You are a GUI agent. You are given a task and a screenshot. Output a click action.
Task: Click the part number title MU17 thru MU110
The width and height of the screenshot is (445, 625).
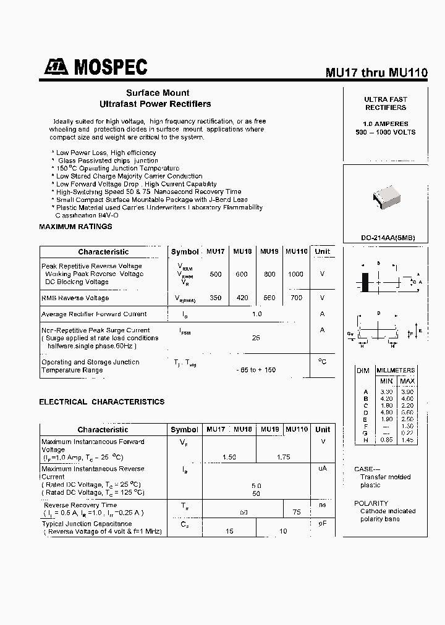click(x=376, y=72)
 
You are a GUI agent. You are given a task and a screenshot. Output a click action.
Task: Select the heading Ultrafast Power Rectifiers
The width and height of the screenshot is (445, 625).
click(x=155, y=104)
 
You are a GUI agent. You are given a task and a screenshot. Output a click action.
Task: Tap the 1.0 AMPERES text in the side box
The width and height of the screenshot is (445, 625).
click(x=385, y=124)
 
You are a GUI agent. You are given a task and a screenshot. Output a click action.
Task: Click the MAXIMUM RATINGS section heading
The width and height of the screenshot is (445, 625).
click(x=75, y=227)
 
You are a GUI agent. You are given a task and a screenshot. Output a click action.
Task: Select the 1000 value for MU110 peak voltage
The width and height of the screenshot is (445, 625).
click(x=296, y=274)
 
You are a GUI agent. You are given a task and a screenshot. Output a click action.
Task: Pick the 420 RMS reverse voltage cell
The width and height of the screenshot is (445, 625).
click(x=242, y=298)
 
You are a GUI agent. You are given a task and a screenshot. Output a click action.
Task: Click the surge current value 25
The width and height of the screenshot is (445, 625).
click(x=256, y=338)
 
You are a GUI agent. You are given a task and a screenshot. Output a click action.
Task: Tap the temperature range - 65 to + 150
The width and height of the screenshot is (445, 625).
click(x=256, y=370)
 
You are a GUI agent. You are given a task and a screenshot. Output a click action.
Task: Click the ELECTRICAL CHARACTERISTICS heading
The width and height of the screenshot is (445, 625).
click(x=102, y=401)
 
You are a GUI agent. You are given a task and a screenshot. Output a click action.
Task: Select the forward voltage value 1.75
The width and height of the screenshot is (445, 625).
click(x=283, y=456)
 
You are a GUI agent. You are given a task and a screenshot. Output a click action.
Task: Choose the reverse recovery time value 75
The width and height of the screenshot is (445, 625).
click(x=297, y=512)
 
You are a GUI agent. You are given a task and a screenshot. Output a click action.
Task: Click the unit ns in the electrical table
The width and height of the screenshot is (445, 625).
click(x=322, y=505)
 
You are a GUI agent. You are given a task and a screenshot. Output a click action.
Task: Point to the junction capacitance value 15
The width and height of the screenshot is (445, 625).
click(x=229, y=531)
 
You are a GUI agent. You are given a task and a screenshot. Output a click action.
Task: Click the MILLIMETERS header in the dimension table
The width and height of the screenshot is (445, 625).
click(x=396, y=370)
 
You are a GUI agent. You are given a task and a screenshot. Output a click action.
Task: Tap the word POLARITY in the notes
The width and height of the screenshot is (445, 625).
click(x=371, y=503)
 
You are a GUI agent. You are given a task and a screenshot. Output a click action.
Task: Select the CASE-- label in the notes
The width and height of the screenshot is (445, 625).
click(x=368, y=469)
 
